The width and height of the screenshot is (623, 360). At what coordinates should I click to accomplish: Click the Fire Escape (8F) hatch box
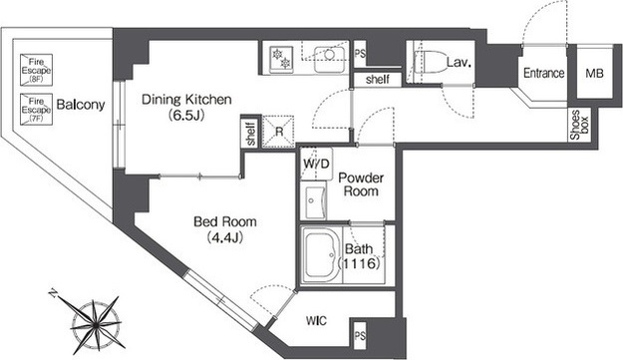pyautogui.click(x=36, y=70)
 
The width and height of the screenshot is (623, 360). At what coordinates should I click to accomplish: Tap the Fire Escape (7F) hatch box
pyautogui.click(x=36, y=110)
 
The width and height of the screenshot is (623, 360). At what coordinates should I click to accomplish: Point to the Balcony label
pyautogui.click(x=81, y=105)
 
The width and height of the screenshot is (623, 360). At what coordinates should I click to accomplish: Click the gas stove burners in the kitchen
pyautogui.click(x=281, y=59)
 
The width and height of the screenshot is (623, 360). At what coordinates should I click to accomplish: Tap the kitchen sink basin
pyautogui.click(x=329, y=60)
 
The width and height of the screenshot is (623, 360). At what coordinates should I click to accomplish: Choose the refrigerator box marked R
pyautogui.click(x=278, y=132)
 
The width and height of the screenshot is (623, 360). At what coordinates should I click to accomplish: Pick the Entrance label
pyautogui.click(x=543, y=73)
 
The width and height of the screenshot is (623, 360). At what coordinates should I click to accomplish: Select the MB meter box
pyautogui.click(x=594, y=73)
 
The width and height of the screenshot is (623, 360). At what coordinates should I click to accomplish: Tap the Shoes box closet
pyautogui.click(x=580, y=125)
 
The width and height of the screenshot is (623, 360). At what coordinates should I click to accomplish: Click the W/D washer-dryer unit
pyautogui.click(x=316, y=165)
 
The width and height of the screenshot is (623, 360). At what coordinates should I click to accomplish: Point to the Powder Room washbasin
pyautogui.click(x=314, y=201)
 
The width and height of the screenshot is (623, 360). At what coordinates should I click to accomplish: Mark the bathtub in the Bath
pyautogui.click(x=321, y=254)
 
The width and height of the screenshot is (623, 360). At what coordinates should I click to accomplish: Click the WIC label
pyautogui.click(x=316, y=320)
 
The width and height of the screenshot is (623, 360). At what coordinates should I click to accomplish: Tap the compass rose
pyautogui.click(x=96, y=325)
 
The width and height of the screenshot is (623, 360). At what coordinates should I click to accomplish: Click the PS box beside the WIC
pyautogui.click(x=360, y=335)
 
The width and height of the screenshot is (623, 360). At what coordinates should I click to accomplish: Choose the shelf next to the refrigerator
pyautogui.click(x=251, y=132)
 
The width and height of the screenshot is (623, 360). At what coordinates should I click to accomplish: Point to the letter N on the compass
pyautogui.click(x=53, y=293)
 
